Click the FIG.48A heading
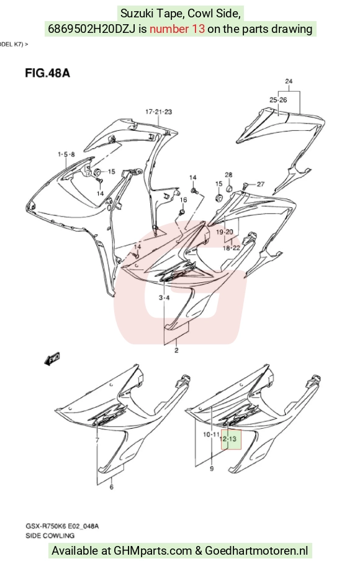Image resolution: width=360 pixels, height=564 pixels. point(47,73)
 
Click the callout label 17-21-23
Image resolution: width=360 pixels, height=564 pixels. point(158,112)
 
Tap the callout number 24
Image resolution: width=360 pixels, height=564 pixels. point(289,81)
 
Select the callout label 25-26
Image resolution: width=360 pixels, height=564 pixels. point(278,100)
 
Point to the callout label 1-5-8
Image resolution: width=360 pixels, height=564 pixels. point(66,154)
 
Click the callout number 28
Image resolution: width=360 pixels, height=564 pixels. point(228,175)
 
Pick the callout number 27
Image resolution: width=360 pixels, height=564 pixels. point(260,184)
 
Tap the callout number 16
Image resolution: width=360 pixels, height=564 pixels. point(183,200)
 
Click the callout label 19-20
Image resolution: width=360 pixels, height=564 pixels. point(225,232)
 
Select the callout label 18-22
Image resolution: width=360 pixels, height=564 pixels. point(231,248)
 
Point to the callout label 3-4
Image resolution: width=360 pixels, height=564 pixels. point(164,297)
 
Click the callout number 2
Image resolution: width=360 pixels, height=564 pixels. point(176,350)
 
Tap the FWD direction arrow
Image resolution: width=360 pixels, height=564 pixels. point(52,359)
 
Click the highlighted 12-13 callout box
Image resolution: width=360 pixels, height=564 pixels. point(231,439)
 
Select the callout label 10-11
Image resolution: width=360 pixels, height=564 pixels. point(211,434)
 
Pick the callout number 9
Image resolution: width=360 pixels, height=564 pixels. point(212,468)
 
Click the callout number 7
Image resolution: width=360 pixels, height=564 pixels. point(97,440)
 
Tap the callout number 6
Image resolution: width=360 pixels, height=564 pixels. point(112,487)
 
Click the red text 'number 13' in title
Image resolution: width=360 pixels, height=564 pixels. point(177,29)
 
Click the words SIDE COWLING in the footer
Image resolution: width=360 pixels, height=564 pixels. point(50,535)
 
